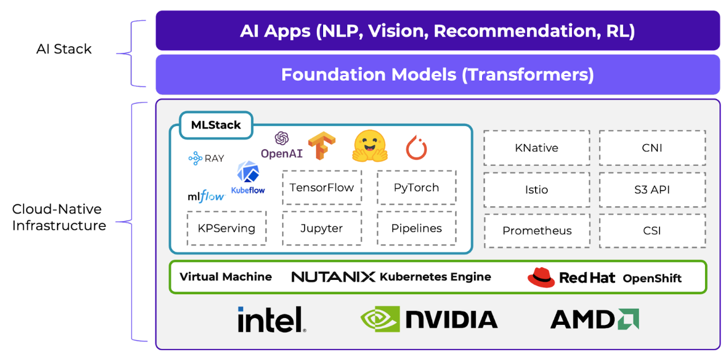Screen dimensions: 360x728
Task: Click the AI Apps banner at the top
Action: click(438, 31)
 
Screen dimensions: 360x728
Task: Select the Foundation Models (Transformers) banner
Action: click(438, 74)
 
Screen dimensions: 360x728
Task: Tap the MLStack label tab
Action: click(216, 125)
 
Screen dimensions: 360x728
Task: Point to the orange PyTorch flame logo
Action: click(416, 147)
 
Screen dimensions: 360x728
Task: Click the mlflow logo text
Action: click(206, 196)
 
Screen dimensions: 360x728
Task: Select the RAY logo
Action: click(206, 158)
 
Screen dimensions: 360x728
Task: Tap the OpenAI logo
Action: click(282, 146)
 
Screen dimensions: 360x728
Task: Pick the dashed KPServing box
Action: click(226, 228)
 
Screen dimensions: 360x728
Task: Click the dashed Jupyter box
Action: click(321, 228)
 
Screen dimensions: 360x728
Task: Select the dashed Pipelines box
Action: click(416, 228)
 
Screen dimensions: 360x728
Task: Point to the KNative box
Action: click(536, 148)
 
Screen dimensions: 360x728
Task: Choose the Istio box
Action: click(536, 190)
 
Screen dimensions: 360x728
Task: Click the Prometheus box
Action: click(537, 231)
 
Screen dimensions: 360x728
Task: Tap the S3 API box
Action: click(652, 190)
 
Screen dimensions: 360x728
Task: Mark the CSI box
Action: click(652, 231)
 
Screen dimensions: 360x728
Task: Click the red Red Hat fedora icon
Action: click(541, 277)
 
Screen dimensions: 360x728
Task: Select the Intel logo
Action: click(271, 319)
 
